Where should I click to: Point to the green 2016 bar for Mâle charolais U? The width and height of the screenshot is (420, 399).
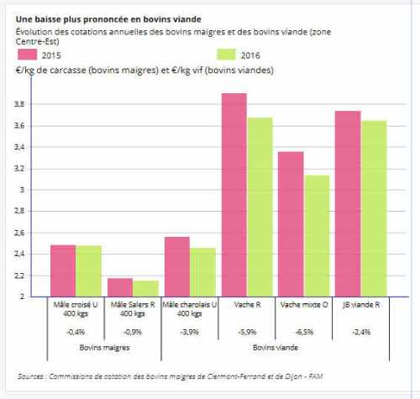click(202, 272)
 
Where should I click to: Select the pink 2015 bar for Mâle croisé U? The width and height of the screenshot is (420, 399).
click(62, 270)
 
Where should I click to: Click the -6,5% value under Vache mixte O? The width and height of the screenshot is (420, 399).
click(304, 332)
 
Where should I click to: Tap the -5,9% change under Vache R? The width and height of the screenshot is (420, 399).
click(247, 332)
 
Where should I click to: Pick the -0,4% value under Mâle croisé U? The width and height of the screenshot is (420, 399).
click(76, 332)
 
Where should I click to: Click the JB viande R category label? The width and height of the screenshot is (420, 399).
click(361, 305)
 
